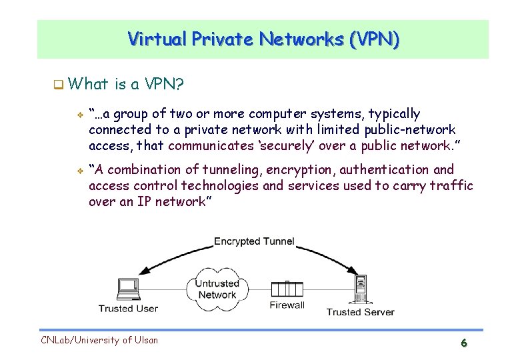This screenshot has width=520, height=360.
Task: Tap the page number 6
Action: [463, 343]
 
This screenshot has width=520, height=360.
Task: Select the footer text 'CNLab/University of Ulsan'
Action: [99, 340]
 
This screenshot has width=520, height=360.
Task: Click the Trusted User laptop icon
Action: [127, 288]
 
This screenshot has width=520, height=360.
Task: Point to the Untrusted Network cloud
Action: [217, 289]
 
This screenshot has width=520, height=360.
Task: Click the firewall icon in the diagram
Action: [287, 289]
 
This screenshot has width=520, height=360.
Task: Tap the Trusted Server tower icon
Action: [361, 289]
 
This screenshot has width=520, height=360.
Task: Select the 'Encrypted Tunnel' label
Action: [254, 241]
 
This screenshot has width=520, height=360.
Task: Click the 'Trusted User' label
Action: [128, 308]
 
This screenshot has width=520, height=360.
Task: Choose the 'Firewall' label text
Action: [287, 305]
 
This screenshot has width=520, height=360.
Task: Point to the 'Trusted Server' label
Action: [360, 311]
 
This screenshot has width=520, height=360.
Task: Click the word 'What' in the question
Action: [87, 84]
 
